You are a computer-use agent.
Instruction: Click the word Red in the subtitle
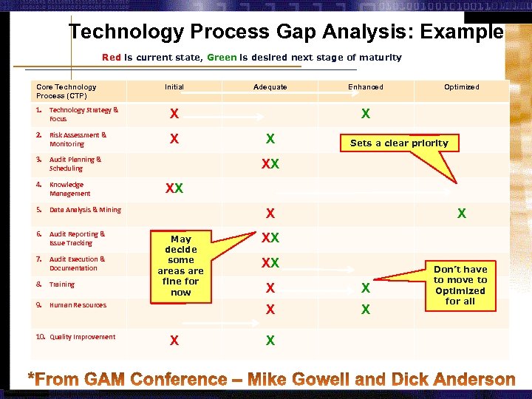(x=112, y=57)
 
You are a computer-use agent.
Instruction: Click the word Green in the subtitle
(x=222, y=57)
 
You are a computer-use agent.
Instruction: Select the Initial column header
(x=174, y=87)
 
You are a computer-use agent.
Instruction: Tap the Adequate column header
(x=270, y=87)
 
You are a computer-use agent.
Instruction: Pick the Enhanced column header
(x=366, y=87)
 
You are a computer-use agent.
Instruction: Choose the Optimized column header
(x=461, y=87)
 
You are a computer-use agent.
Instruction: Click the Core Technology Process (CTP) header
(x=66, y=92)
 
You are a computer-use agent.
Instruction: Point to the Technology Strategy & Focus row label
(x=83, y=115)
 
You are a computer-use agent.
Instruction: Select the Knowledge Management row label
(x=69, y=189)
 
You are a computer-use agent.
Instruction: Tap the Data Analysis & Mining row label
(x=85, y=210)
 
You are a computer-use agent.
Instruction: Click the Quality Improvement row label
(x=82, y=337)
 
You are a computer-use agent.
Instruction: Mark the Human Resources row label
(x=78, y=305)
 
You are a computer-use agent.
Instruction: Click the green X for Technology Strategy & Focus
(x=366, y=115)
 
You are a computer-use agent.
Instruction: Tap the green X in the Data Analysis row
(x=462, y=214)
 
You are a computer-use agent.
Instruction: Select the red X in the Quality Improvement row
(x=174, y=341)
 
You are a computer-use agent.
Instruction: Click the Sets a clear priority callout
(x=399, y=143)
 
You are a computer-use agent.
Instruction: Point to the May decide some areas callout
(x=181, y=265)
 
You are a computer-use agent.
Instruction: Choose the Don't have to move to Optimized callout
(x=460, y=285)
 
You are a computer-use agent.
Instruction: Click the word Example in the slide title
(x=464, y=33)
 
